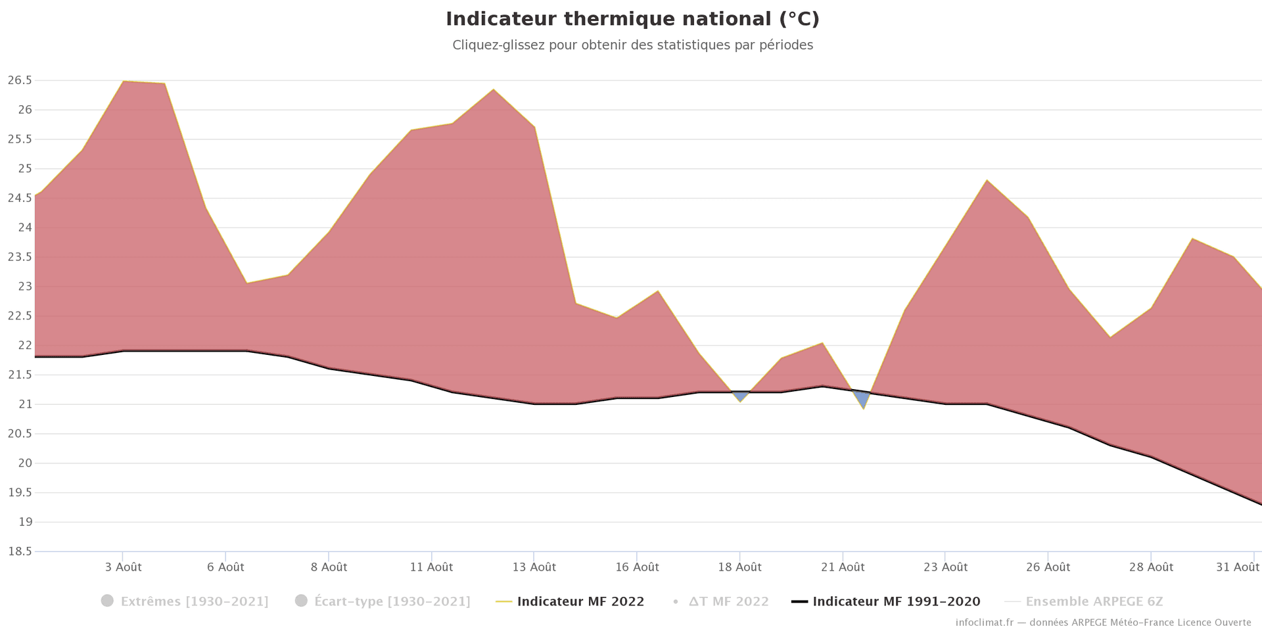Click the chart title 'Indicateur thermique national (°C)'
[632, 20]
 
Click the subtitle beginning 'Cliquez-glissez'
[632, 45]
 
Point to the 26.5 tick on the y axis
[20, 80]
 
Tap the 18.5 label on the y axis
[20, 551]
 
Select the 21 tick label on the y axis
[25, 404]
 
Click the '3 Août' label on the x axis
[123, 567]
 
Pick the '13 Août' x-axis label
[534, 567]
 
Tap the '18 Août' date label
[739, 567]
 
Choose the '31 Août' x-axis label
[1238, 567]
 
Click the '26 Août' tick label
[1048, 567]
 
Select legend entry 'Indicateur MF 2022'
[580, 601]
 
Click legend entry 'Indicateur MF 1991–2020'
[896, 601]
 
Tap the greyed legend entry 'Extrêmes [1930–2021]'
[194, 601]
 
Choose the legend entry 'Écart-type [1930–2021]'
[392, 601]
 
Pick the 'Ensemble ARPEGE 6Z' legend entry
[1094, 601]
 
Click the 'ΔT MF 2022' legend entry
[728, 601]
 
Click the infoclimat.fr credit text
[1103, 622]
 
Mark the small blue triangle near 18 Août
[740, 395]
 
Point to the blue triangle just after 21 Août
[862, 398]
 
